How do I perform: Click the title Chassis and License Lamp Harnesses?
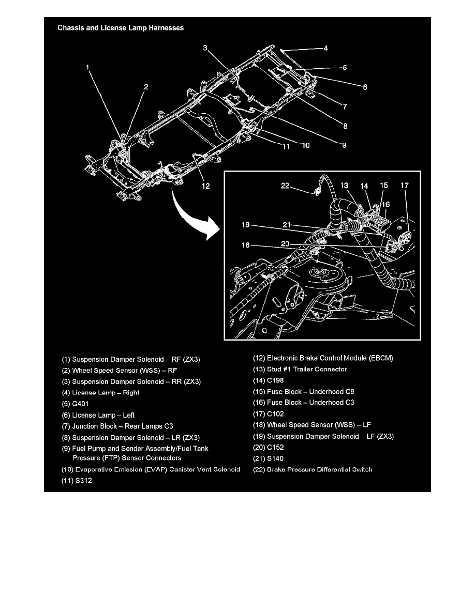pyautogui.click(x=121, y=28)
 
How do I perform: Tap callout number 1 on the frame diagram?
pyautogui.click(x=88, y=67)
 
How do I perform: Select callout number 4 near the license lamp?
pyautogui.click(x=325, y=49)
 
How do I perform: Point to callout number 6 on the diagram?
pyautogui.click(x=365, y=87)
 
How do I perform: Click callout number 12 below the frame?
pyautogui.click(x=206, y=186)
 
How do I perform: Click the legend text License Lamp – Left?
pyautogui.click(x=103, y=415)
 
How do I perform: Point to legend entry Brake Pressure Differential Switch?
pyautogui.click(x=319, y=470)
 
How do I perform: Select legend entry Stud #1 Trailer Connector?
pyautogui.click(x=307, y=369)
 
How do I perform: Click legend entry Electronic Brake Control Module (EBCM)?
pyautogui.click(x=330, y=358)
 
